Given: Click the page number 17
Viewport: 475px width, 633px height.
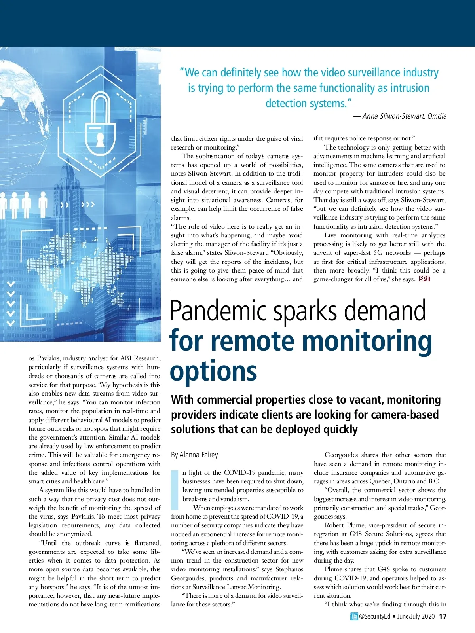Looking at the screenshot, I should [x=443, y=616].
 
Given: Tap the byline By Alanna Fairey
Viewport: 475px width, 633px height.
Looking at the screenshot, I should [x=194, y=455].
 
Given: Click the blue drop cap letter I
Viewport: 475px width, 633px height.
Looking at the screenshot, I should [x=175, y=490].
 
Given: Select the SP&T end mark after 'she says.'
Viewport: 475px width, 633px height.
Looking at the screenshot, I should [x=424, y=279].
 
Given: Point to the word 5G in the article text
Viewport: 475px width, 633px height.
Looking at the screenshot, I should [x=378, y=253].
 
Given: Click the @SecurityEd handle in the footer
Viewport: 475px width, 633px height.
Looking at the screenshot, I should [x=374, y=616].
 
